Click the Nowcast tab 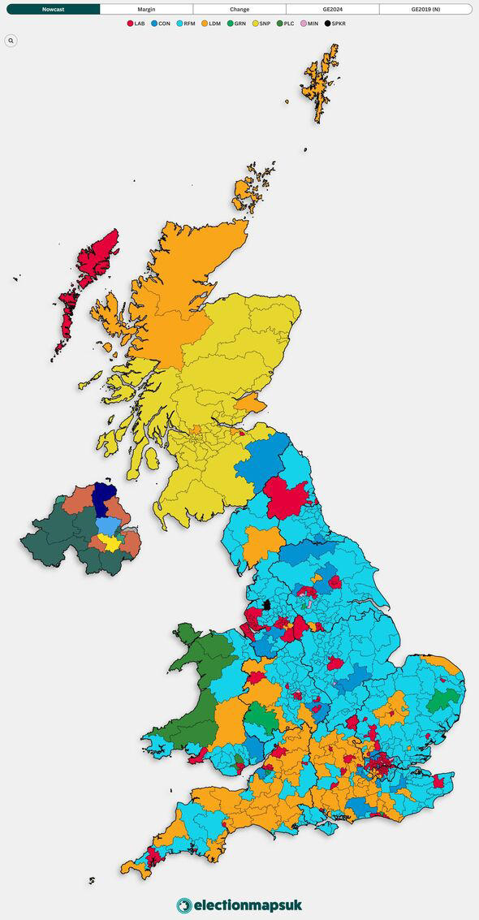54,9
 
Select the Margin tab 146,9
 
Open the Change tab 239,9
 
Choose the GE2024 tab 332,9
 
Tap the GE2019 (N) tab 425,9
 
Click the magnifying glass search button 11,40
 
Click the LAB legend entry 136,24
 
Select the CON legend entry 160,24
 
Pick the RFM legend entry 185,24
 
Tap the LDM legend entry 210,24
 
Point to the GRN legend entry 235,24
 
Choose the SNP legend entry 261,24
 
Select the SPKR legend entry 335,24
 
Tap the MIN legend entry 310,24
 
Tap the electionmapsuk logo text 247,905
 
